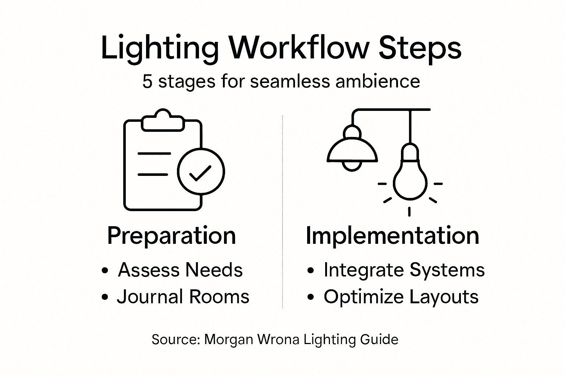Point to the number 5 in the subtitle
[147, 81]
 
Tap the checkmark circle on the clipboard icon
[200, 171]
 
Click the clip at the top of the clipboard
[163, 120]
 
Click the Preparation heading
[171, 236]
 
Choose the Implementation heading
[392, 235]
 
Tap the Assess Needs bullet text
[180, 270]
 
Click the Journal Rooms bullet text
[183, 297]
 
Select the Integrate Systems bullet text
[404, 270]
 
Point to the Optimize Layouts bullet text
[401, 297]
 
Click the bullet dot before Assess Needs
[105, 271]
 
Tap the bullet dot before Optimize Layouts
[311, 298]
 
